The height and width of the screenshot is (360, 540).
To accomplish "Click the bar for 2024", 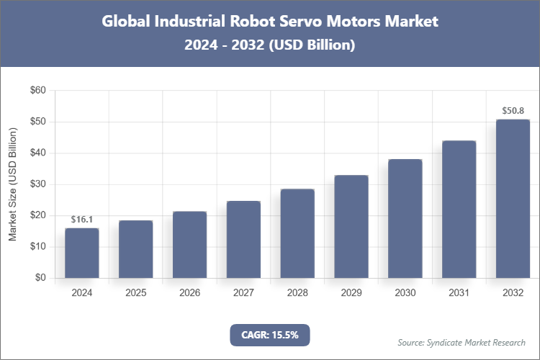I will point(81,253).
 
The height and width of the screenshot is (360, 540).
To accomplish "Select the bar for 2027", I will point(243,239).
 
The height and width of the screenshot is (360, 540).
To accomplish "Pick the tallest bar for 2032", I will point(513,199).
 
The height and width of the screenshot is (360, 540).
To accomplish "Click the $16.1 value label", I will point(81,220).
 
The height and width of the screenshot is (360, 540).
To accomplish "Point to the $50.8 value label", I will point(513,112).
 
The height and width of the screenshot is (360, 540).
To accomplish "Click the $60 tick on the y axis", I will point(37,91).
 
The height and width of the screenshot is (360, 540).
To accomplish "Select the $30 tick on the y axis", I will point(37,184).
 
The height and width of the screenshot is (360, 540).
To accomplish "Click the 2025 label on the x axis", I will point(135,293).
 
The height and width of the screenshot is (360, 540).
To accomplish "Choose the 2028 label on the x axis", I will point(297,293).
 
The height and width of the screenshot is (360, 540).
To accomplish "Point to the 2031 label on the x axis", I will point(459,293).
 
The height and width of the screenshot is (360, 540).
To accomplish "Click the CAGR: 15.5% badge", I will point(270,335).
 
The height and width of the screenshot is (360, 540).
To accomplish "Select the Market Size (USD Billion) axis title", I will point(12,184).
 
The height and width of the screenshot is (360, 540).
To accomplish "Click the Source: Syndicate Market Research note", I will point(462,342).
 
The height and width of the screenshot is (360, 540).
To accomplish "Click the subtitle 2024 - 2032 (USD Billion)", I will point(270,45).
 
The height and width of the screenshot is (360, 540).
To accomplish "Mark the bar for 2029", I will point(351,226).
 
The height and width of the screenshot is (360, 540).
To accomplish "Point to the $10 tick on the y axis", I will point(37,247).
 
